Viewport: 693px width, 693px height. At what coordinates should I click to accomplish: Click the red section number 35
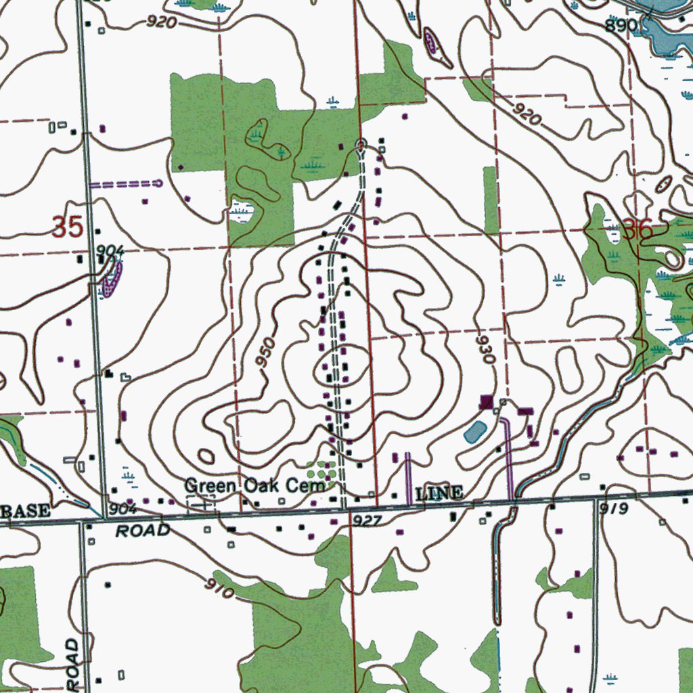[x=68, y=227]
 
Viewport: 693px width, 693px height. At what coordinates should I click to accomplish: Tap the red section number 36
[x=638, y=230]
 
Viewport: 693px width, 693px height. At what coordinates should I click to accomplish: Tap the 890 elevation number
[x=621, y=26]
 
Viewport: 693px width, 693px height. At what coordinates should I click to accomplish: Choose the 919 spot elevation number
[x=613, y=509]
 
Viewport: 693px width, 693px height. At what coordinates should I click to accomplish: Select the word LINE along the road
[x=439, y=493]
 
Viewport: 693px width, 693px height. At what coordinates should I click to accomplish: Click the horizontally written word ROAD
[x=142, y=531]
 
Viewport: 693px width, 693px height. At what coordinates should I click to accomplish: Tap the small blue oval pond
[x=475, y=431]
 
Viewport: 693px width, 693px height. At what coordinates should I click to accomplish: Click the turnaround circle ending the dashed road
[x=361, y=143]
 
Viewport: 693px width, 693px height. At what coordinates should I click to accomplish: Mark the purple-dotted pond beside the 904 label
[x=111, y=279]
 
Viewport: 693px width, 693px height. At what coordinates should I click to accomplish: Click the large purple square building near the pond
[x=486, y=402]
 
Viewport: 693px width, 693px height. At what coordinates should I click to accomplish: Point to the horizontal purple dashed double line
[x=126, y=183]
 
